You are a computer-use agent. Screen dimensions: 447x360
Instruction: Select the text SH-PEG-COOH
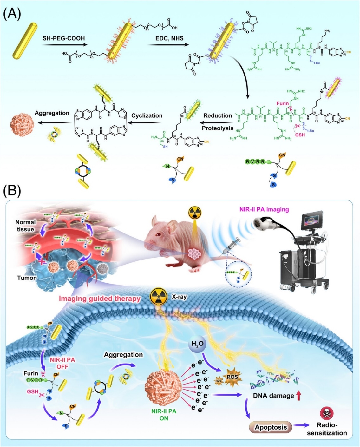pyautogui.click(x=64, y=38)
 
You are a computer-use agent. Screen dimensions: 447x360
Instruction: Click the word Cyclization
pyautogui.click(x=147, y=116)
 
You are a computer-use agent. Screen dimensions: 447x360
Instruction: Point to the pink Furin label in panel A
pyautogui.click(x=282, y=103)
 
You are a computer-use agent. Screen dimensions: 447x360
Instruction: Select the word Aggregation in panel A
pyautogui.click(x=52, y=113)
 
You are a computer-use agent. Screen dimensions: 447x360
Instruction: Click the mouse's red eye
pyautogui.click(x=157, y=234)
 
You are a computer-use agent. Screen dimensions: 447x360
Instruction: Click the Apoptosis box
pyautogui.click(x=271, y=427)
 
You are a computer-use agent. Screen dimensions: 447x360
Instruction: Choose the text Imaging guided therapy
pyautogui.click(x=100, y=299)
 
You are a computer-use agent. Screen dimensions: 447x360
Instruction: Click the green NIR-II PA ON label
pyautogui.click(x=164, y=415)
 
